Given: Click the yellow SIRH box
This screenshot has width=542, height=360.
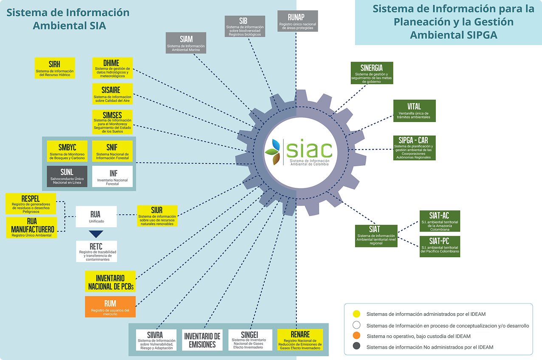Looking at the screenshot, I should [x=55, y=68].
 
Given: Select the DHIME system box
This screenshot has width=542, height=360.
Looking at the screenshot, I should [x=112, y=68].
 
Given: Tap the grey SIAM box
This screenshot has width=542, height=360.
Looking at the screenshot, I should [x=186, y=43].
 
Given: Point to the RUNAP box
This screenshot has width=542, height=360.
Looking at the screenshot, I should [x=297, y=21].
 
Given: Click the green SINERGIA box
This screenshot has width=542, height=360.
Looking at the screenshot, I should [x=372, y=73].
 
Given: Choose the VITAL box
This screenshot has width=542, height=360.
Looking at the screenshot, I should [x=414, y=111].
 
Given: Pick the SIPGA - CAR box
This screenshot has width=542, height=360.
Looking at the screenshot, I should [x=414, y=148].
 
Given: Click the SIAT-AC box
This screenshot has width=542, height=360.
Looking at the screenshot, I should [x=439, y=221].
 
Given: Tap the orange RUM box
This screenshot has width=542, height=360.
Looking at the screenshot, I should [x=110, y=307].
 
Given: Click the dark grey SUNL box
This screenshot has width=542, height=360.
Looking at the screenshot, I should [x=67, y=176].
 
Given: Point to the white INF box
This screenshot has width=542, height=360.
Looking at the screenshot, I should [x=112, y=176].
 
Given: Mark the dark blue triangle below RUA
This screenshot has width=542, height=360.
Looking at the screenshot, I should [x=96, y=234].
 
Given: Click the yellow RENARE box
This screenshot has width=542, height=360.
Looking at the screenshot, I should [x=300, y=340].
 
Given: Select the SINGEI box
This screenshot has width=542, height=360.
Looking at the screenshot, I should [x=249, y=340].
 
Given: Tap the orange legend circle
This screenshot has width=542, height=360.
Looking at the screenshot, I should [x=357, y=336].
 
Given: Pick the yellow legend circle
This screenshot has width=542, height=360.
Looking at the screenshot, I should [x=357, y=314].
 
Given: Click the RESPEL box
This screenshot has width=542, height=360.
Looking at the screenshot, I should [x=31, y=204].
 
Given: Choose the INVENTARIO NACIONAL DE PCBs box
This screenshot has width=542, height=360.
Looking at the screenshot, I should [x=110, y=281].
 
